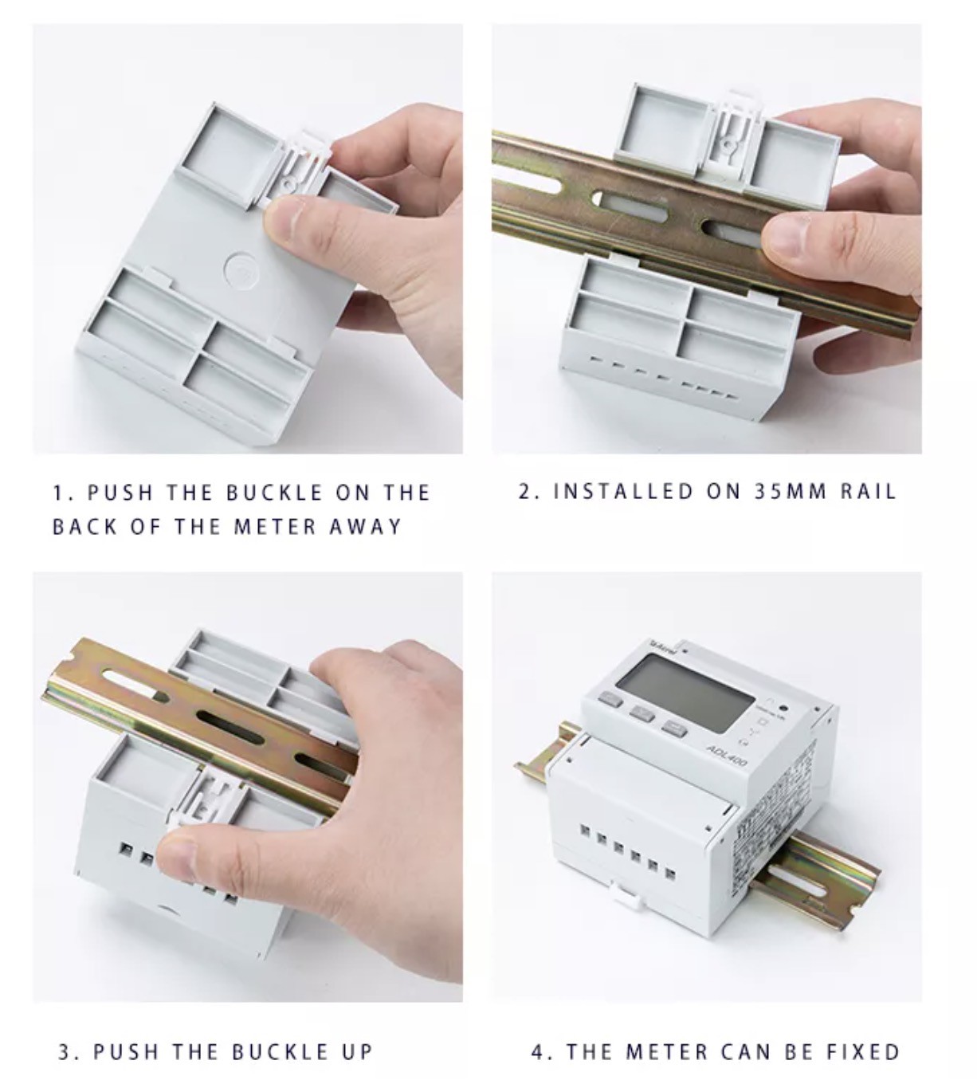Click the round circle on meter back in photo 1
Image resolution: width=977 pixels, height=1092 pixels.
pos(238,271)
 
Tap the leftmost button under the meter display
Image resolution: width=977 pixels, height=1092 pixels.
pos(611,701)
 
